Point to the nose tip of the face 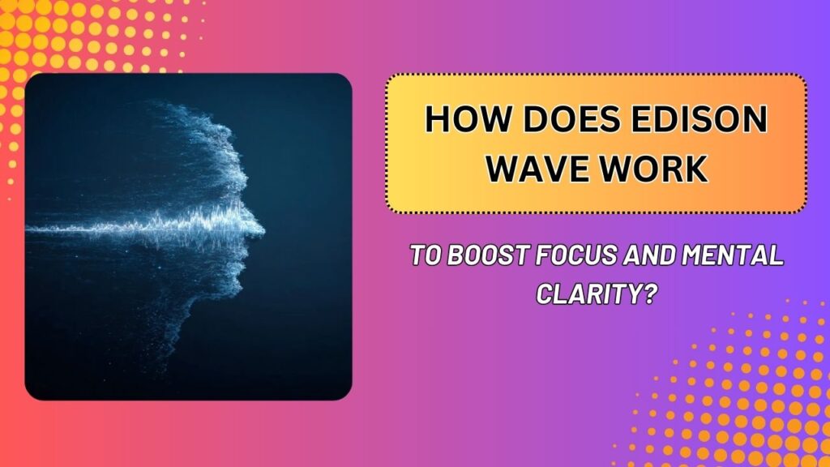pos(261,229)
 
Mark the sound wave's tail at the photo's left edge pos(32,229)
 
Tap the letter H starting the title pos(436,122)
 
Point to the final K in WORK pos(695,170)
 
